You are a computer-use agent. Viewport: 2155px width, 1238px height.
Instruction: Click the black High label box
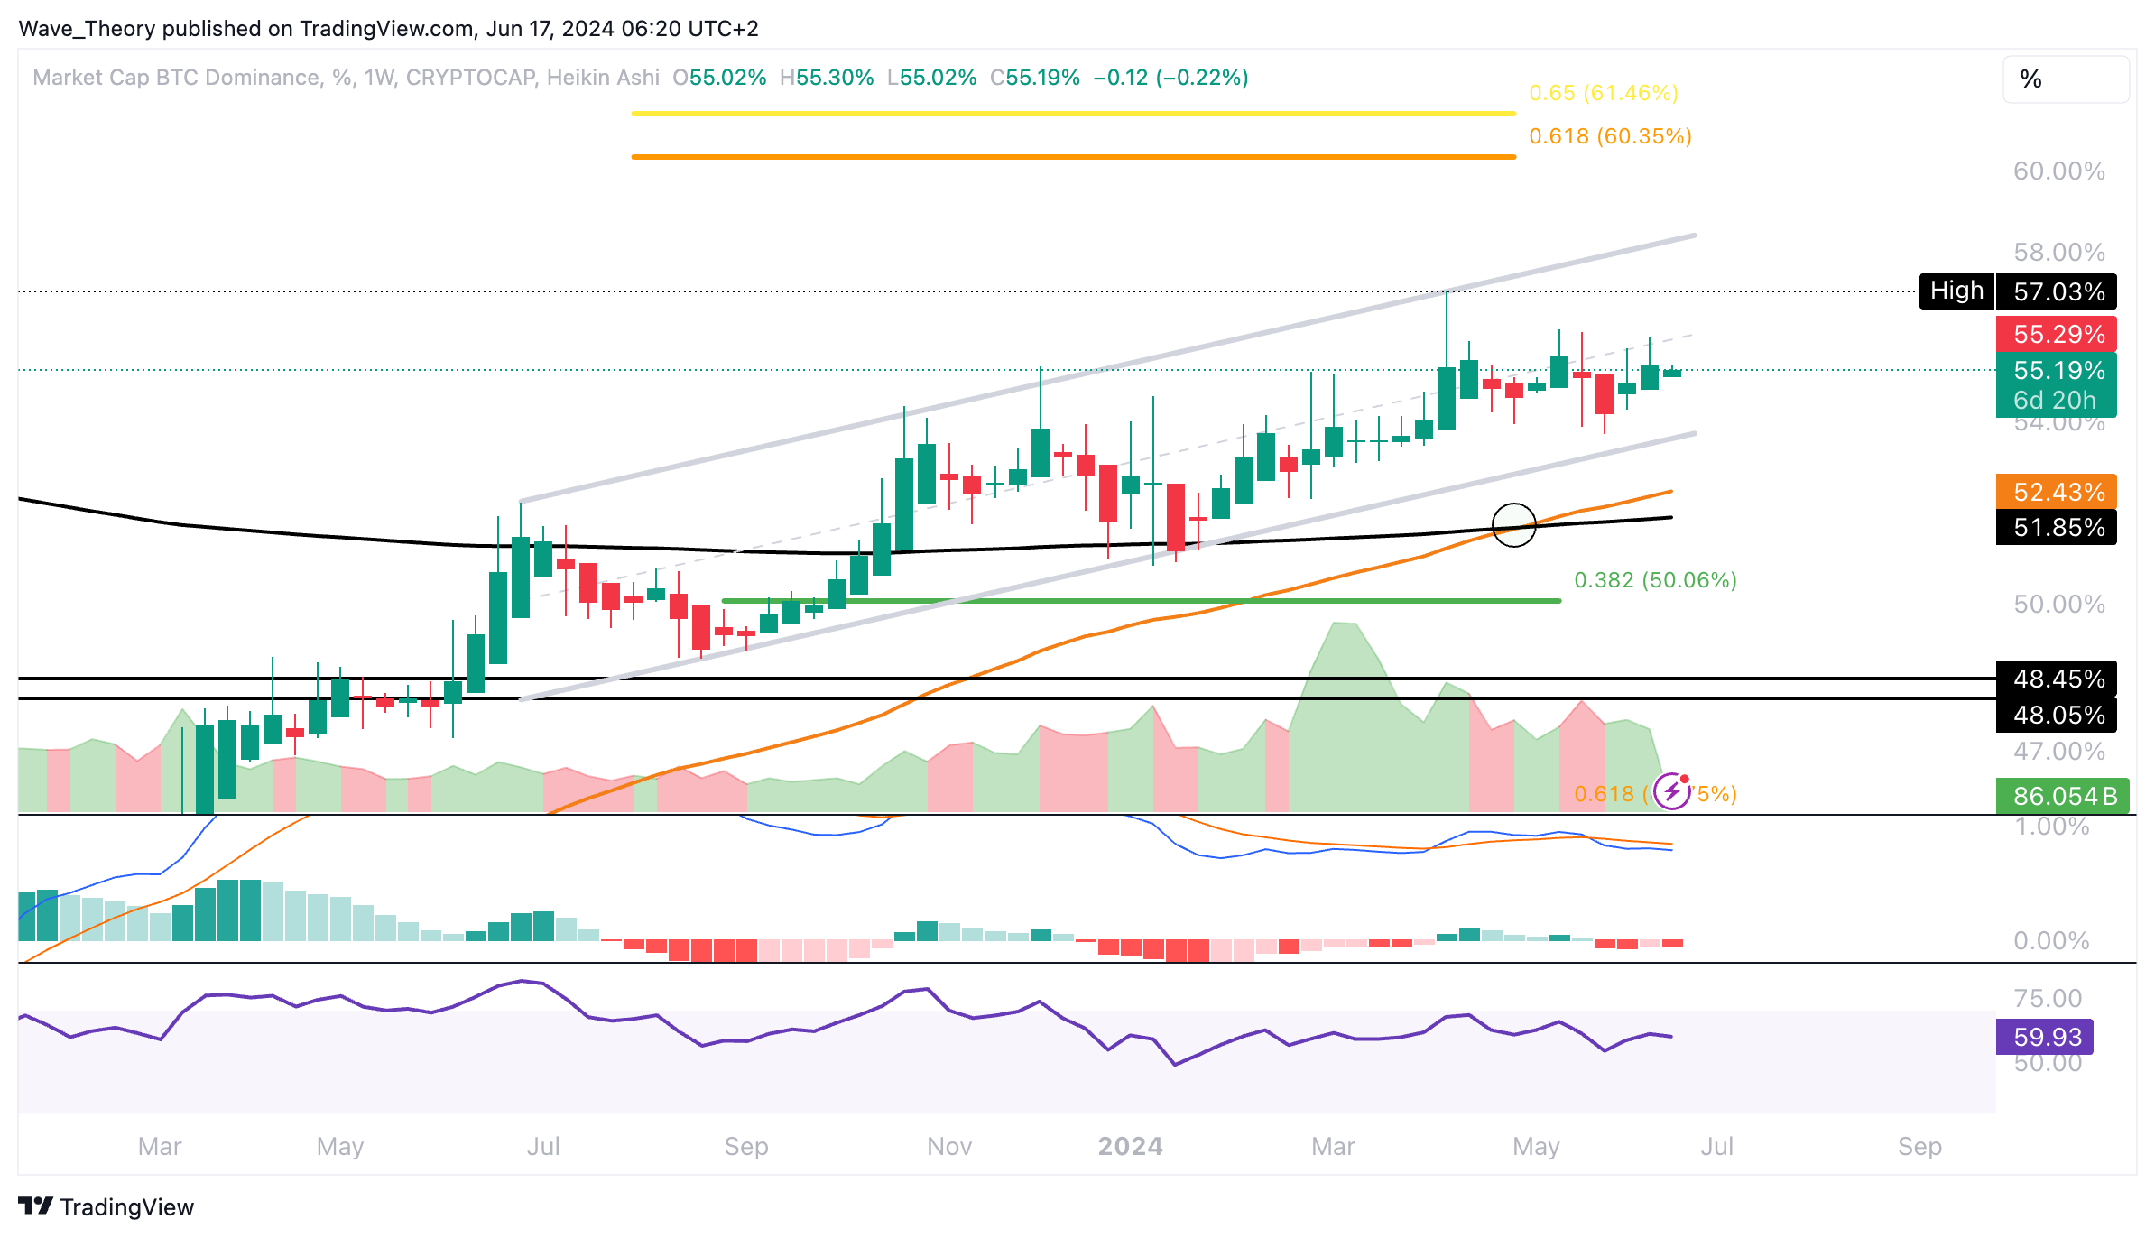[1956, 291]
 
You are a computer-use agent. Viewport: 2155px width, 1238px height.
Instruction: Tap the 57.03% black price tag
[2058, 291]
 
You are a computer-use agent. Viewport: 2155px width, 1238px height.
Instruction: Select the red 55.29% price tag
[2058, 334]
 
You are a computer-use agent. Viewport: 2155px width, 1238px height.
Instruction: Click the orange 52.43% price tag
[2058, 492]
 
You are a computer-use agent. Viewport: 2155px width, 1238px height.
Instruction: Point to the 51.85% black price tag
[2058, 527]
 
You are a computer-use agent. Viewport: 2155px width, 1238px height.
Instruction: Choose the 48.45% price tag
[2058, 679]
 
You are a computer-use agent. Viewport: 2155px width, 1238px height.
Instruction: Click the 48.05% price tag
[2058, 715]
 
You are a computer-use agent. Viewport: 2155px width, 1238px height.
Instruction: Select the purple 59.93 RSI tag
[2046, 1037]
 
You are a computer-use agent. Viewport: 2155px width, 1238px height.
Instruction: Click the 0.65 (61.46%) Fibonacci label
[1604, 93]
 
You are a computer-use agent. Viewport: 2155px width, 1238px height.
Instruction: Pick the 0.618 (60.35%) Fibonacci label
[1610, 136]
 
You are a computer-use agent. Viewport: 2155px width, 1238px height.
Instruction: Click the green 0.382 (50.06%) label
[1655, 580]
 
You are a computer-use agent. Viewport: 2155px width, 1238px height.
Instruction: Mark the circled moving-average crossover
[1513, 525]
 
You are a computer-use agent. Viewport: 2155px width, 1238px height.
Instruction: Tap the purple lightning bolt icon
[1672, 792]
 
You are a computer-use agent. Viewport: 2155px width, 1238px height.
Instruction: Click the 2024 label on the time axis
[1130, 1146]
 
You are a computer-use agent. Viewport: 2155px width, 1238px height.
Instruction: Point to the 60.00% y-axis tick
[2058, 171]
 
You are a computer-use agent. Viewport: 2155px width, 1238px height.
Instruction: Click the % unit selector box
[2065, 79]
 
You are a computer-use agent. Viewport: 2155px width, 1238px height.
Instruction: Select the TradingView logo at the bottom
[106, 1206]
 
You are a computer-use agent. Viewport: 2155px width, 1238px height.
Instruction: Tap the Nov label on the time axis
[949, 1146]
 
